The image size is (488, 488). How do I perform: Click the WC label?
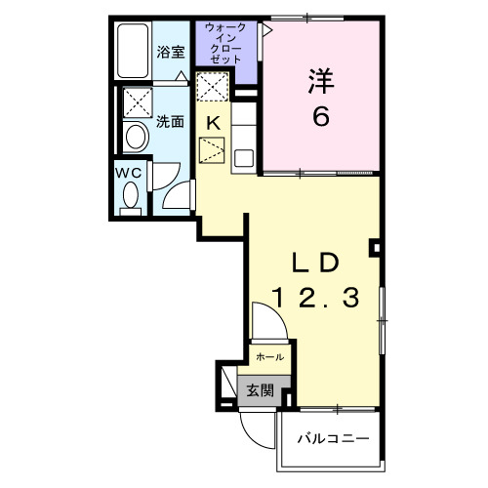[x=130, y=172]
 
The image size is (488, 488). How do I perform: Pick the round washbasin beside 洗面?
[x=134, y=138]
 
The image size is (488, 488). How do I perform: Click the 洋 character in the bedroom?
[x=318, y=80]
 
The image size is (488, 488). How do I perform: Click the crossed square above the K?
[x=212, y=87]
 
